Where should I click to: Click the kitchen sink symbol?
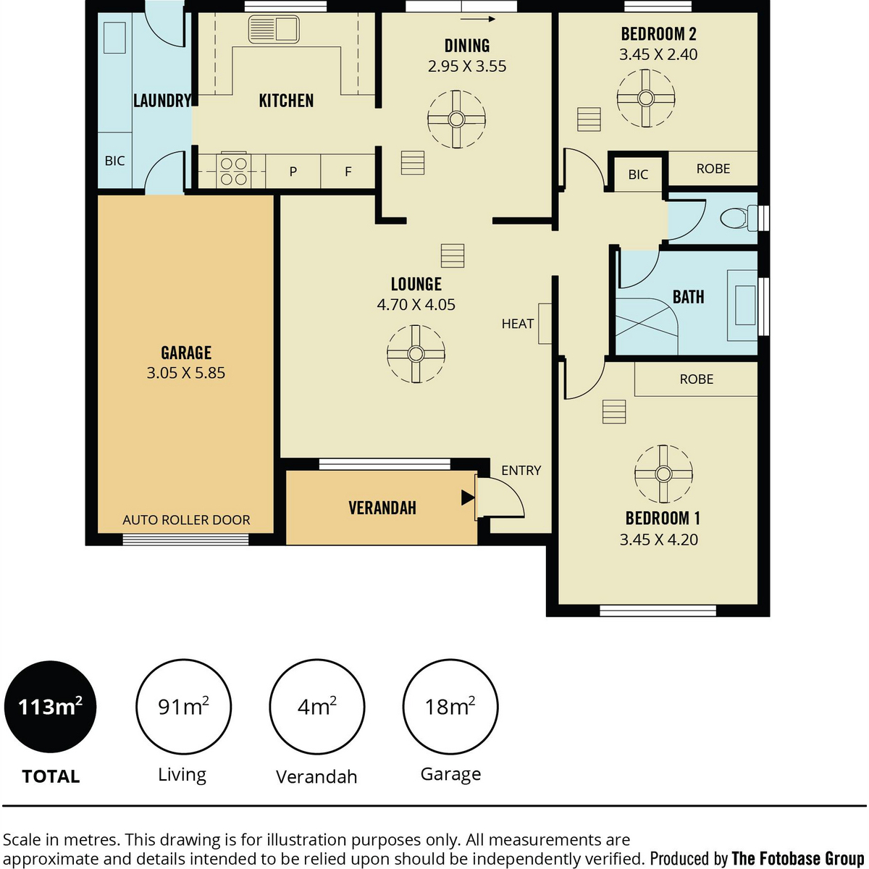click(x=274, y=29)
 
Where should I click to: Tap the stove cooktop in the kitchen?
click(x=234, y=171)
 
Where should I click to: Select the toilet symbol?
click(x=739, y=218)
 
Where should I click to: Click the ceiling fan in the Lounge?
click(x=416, y=354)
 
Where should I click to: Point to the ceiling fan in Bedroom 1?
click(x=663, y=474)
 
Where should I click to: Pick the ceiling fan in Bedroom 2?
click(x=646, y=98)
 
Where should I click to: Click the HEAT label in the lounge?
click(x=517, y=323)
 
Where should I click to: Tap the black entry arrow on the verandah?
click(x=467, y=498)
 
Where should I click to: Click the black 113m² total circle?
click(x=50, y=707)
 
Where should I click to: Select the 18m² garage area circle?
click(x=450, y=707)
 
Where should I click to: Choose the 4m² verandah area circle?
click(x=317, y=707)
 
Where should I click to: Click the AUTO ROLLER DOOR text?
click(x=186, y=520)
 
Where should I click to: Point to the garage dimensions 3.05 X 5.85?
click(x=186, y=373)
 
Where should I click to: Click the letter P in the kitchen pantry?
click(x=293, y=172)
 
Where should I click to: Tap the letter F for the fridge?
click(x=348, y=172)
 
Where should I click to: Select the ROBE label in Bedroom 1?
click(x=696, y=379)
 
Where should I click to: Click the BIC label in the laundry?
click(x=114, y=161)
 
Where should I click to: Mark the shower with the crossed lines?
click(x=646, y=327)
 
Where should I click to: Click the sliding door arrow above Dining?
click(x=477, y=19)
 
